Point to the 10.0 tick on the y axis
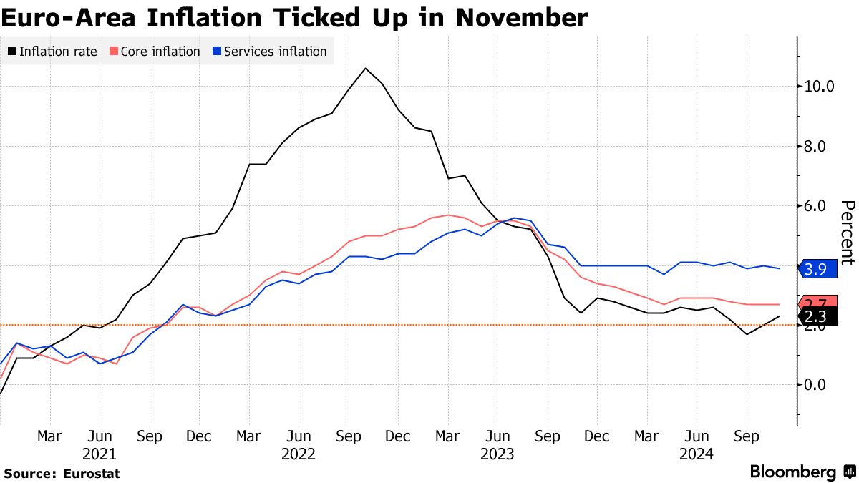coord(820,86)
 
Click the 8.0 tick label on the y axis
coord(820,146)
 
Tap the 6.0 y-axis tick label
coord(820,206)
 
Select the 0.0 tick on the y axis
coord(820,384)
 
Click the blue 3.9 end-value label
coord(817,269)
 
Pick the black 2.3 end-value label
coord(817,316)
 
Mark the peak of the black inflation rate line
coord(365,69)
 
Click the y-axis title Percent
coord(847,233)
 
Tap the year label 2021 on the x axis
coord(100,454)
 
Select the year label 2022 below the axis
coord(298,454)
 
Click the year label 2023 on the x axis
coord(497,454)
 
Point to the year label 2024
coord(696,454)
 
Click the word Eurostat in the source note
coord(91,474)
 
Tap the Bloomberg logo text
coord(792,472)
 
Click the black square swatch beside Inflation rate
coord(12,52)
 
